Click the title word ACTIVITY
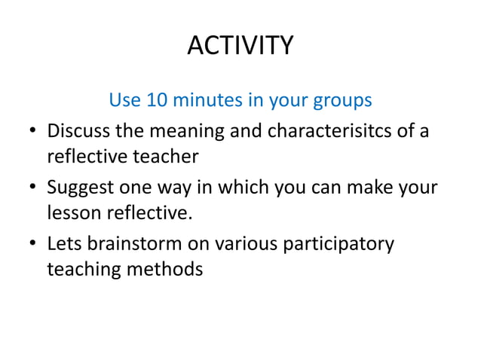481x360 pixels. tap(240, 47)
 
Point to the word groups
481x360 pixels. tap(338, 101)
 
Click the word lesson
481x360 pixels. tap(72, 213)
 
